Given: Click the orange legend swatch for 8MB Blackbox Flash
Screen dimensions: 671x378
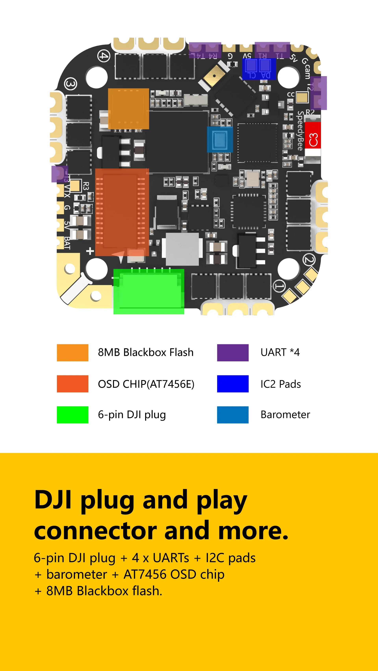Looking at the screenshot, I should pyautogui.click(x=72, y=353).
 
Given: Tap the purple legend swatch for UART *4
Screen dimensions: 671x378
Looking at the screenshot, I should pyautogui.click(x=233, y=353).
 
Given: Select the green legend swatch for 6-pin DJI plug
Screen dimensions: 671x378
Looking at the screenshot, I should pyautogui.click(x=72, y=414).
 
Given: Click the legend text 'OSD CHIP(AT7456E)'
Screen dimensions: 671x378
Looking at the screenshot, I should pyautogui.click(x=146, y=384).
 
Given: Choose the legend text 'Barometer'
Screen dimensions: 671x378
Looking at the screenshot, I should pyautogui.click(x=285, y=414).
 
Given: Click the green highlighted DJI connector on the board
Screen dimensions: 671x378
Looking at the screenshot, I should pyautogui.click(x=149, y=291).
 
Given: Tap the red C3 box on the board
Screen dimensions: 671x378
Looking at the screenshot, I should pyautogui.click(x=313, y=139).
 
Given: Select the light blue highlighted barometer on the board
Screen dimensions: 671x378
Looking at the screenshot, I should pyautogui.click(x=220, y=139).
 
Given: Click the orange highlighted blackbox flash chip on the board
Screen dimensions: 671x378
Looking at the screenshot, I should pyautogui.click(x=128, y=109).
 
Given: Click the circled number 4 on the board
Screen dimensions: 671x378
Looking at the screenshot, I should pyautogui.click(x=104, y=56).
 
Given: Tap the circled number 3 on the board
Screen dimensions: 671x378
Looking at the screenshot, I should pyautogui.click(x=71, y=84).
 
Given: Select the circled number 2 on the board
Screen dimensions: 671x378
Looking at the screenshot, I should pyautogui.click(x=309, y=260).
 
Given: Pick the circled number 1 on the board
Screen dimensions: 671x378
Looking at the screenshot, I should pyautogui.click(x=279, y=286).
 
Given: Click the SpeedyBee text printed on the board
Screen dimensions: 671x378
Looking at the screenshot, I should pyautogui.click(x=300, y=131).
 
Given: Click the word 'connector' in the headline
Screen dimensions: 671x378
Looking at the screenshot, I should pyautogui.click(x=95, y=531).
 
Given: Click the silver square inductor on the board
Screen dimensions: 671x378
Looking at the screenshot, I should pyautogui.click(x=182, y=249).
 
